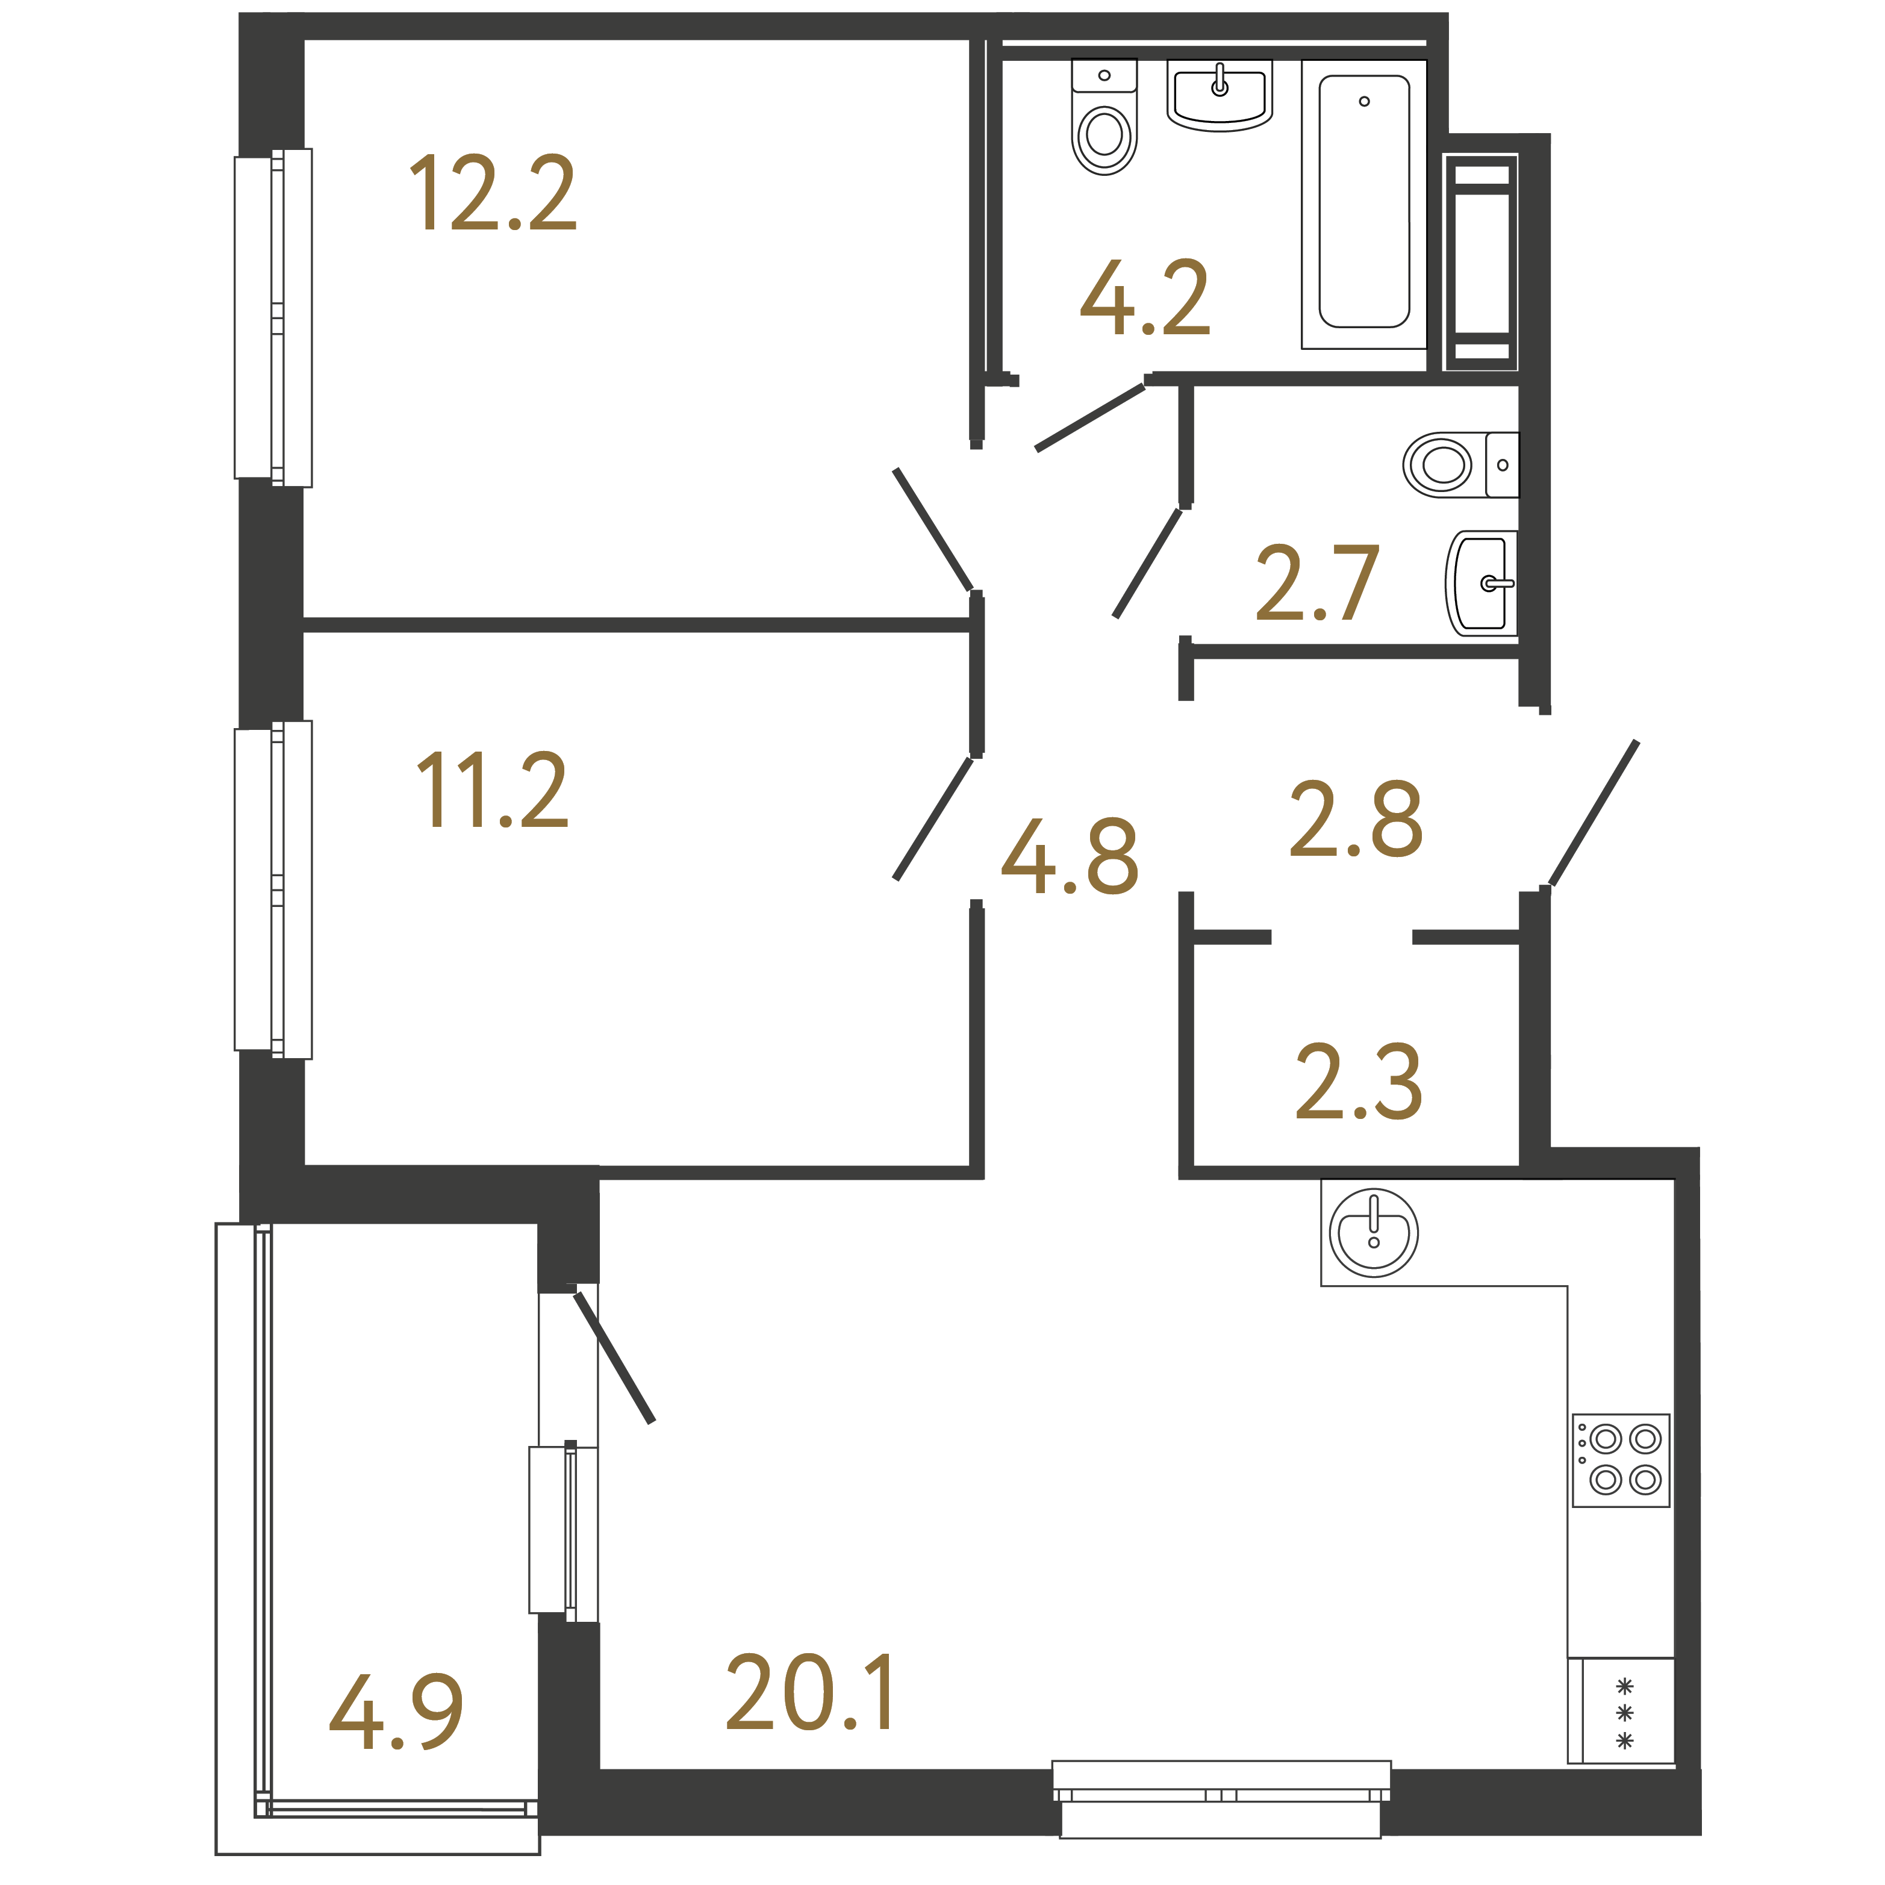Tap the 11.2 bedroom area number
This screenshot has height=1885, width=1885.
(x=493, y=790)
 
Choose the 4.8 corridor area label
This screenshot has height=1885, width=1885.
(x=1070, y=856)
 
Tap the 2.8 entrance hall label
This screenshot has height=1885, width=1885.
(x=1356, y=820)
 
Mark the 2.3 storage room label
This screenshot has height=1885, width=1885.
(x=1358, y=1081)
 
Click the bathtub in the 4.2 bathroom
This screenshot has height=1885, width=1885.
(x=1364, y=203)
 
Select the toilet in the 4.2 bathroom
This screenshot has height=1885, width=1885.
(x=1105, y=117)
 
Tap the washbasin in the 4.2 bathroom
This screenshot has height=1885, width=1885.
(x=1220, y=95)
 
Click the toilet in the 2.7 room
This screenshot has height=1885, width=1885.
(x=1460, y=464)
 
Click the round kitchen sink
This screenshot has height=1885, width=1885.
(x=1374, y=1233)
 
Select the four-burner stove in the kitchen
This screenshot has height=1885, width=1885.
(x=1621, y=1460)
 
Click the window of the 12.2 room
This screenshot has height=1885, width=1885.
(x=273, y=318)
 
